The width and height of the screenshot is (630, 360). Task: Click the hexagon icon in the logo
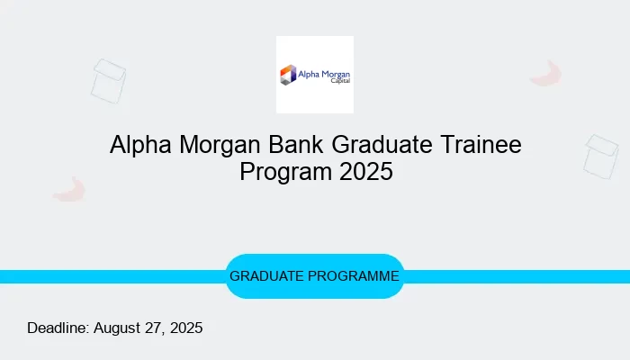(289, 75)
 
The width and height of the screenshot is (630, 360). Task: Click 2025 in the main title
(366, 172)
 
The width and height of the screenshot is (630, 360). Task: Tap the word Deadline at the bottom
(57, 328)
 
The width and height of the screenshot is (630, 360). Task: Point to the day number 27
(154, 328)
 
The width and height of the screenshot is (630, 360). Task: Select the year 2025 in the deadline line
(185, 328)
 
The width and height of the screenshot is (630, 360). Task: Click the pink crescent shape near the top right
(545, 74)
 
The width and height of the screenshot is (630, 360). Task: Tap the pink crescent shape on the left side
(69, 189)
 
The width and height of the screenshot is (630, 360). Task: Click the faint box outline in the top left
(108, 81)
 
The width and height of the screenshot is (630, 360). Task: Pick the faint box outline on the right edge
(600, 156)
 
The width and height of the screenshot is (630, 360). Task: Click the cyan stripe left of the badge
(108, 276)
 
